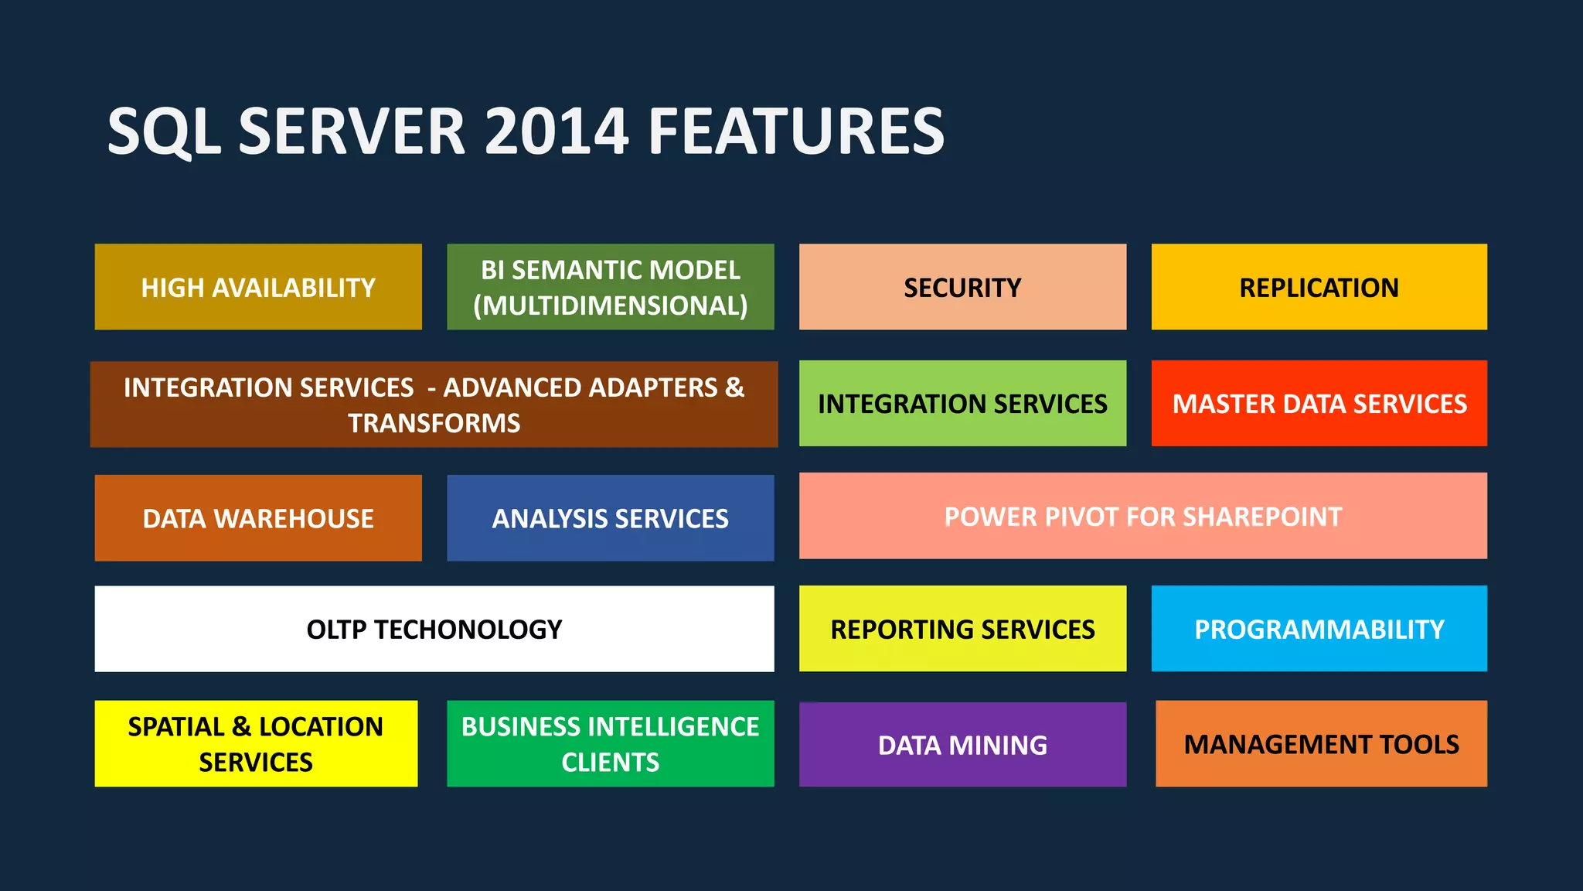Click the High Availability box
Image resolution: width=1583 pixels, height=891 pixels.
[258, 287]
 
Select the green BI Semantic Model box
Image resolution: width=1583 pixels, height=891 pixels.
[610, 287]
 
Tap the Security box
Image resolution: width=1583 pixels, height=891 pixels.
[962, 287]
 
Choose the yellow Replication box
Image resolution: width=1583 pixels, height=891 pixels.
[1319, 287]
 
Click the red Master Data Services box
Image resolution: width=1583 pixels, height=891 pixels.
[1319, 403]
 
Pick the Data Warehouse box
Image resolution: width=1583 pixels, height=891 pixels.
[258, 517]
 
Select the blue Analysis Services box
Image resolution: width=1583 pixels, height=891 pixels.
[610, 517]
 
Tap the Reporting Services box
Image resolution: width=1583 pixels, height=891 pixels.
[962, 629]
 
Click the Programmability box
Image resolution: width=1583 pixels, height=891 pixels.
[1319, 629]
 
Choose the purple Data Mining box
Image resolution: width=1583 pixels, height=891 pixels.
[962, 744]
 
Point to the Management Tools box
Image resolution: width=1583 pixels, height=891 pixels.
[1321, 744]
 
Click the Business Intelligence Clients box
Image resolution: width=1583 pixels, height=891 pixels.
[610, 744]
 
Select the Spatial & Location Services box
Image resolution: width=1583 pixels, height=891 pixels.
[256, 744]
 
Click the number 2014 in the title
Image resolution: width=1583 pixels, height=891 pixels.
[556, 131]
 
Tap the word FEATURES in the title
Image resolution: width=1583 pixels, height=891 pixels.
[796, 131]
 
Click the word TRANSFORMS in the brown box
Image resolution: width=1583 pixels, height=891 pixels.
[434, 423]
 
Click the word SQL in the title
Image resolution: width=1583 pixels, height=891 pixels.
[164, 131]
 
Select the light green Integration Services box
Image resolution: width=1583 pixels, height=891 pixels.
[962, 403]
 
